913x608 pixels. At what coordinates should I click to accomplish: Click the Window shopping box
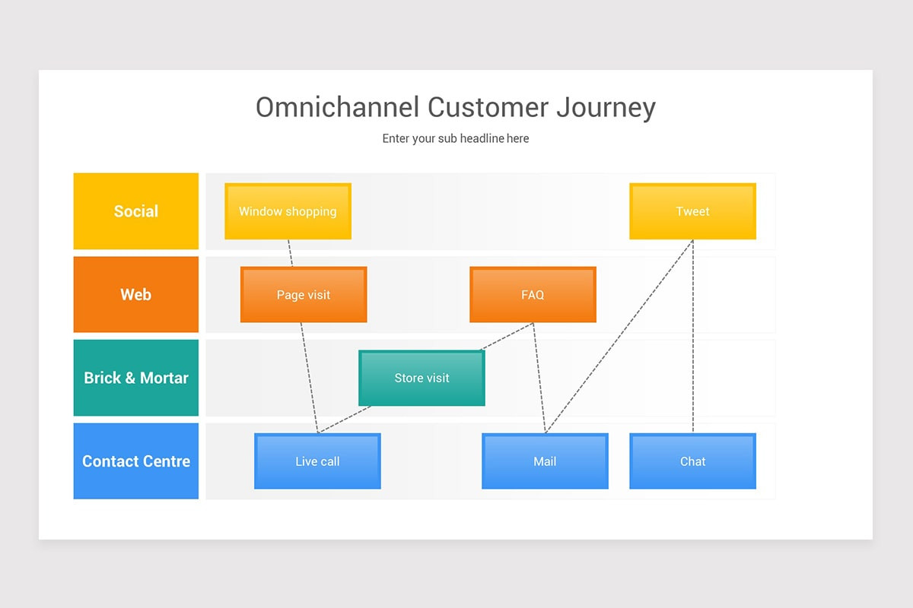[x=288, y=211]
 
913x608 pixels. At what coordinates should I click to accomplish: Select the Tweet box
[x=692, y=211]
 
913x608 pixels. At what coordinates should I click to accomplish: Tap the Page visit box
[x=304, y=294]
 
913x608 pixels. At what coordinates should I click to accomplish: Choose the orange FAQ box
[x=533, y=294]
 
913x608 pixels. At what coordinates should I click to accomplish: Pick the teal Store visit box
[x=422, y=378]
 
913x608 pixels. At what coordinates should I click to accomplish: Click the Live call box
[x=317, y=461]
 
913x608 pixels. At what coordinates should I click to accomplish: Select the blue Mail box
[x=545, y=461]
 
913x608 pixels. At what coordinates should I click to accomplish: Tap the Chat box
[x=692, y=461]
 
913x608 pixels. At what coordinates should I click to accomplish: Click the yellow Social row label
[x=135, y=211]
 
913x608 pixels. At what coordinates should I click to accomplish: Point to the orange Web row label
[x=135, y=294]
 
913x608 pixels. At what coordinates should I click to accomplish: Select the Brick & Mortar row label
[x=135, y=378]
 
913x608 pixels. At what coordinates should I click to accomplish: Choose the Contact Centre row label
[x=135, y=461]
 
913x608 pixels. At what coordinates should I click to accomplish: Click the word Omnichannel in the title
[x=338, y=107]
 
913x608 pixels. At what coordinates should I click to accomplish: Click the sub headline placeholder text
[x=456, y=138]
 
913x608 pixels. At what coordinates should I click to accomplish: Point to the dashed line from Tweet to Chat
[x=693, y=337]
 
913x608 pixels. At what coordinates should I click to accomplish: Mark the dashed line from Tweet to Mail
[x=619, y=337]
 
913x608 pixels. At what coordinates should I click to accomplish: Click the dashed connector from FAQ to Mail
[x=539, y=378]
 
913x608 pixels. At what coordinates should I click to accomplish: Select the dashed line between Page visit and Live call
[x=310, y=378]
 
